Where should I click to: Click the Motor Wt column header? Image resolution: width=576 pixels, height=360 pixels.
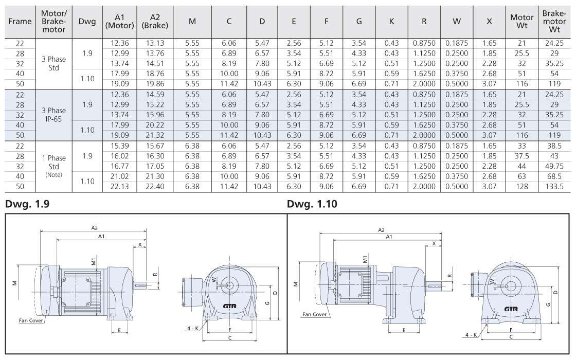pos(521,21)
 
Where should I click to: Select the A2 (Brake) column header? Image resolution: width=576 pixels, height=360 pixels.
pos(155,21)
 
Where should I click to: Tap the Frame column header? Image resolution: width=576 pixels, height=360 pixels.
pos(20,21)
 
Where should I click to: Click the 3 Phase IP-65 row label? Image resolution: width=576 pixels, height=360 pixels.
pos(53,115)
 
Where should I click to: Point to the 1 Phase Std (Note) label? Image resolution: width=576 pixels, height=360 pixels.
pos(53,166)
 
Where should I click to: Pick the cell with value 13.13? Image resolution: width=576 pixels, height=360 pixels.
pos(155,43)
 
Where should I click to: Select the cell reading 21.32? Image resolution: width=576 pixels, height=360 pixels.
pos(155,135)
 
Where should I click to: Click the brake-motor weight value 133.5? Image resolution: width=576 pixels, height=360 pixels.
pos(555,187)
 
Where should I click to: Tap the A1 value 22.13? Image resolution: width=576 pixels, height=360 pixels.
pos(120,187)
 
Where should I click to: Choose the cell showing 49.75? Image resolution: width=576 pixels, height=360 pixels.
pos(555,166)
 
